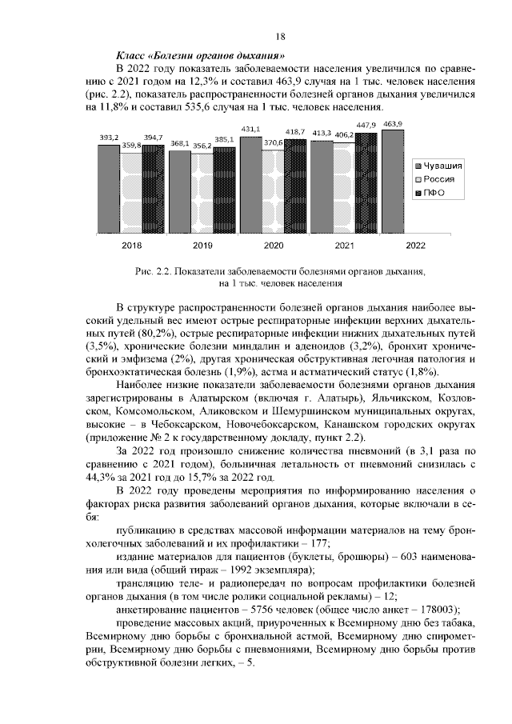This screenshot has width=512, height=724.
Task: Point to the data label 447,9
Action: tap(366, 126)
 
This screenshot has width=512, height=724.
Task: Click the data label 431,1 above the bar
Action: tap(250, 129)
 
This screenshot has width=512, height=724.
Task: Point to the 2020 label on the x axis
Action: tap(274, 246)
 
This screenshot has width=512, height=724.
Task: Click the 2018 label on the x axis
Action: tap(131, 246)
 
